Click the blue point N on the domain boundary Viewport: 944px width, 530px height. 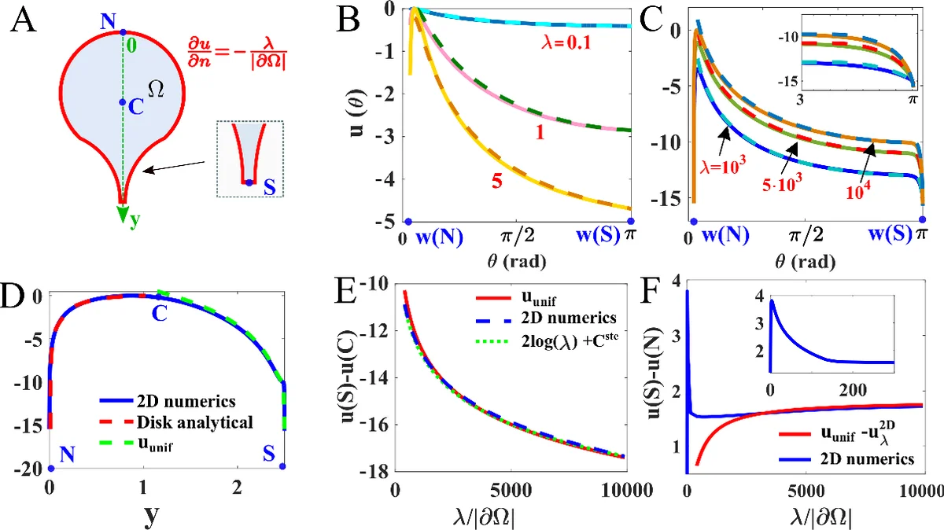pos(122,33)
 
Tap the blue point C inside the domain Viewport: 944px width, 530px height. pos(121,102)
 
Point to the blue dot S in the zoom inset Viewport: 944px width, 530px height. pos(249,182)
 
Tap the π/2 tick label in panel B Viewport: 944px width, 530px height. pos(515,234)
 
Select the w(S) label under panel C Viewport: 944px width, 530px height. pos(892,234)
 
